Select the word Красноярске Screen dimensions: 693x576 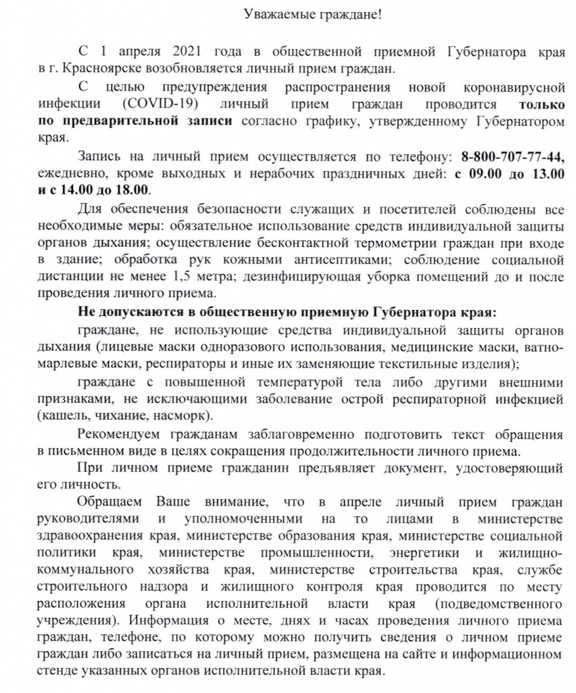tap(89, 68)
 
